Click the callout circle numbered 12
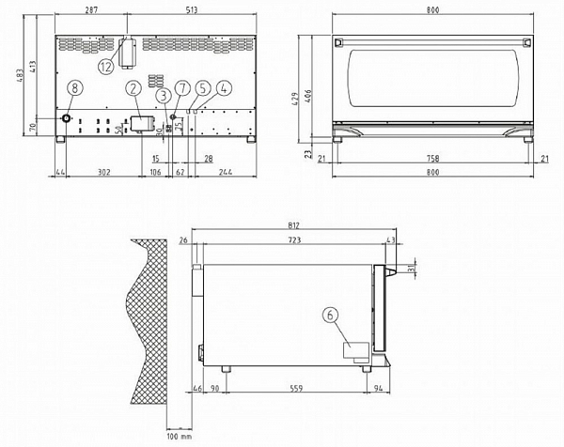[x=105, y=66]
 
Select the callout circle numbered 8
[x=75, y=86]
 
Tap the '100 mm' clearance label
[x=178, y=437]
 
